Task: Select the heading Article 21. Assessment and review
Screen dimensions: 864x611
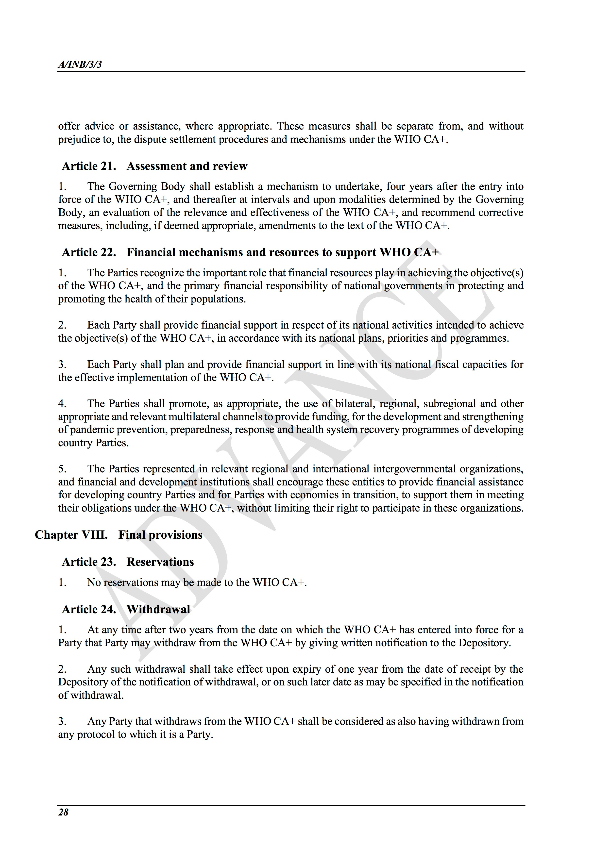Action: click(154, 166)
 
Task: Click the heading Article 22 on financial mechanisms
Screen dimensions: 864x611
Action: click(250, 252)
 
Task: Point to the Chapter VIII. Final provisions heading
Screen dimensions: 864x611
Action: click(119, 535)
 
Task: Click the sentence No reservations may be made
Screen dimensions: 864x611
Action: click(197, 582)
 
